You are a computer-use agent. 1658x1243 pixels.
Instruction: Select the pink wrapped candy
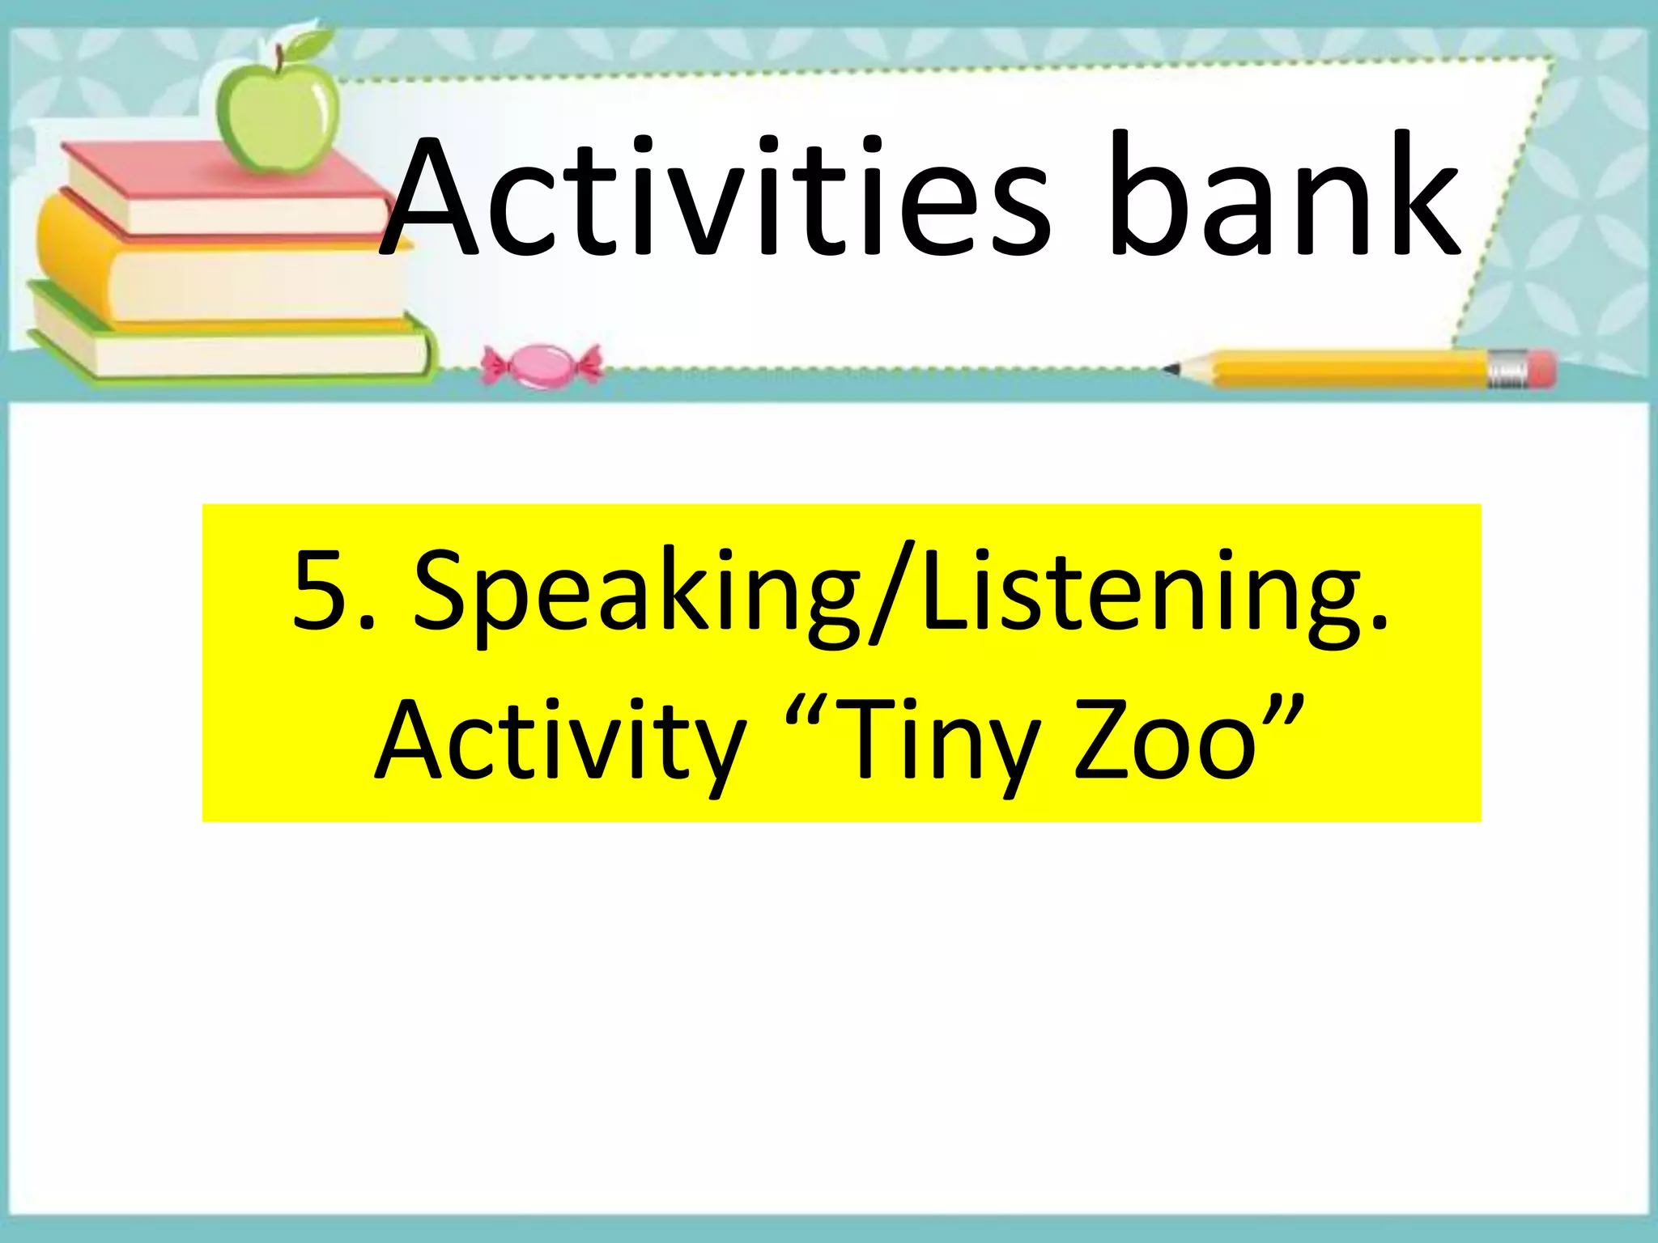click(542, 366)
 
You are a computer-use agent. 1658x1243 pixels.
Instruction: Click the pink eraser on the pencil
click(1542, 368)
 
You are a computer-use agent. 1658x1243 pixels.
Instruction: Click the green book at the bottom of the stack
click(227, 344)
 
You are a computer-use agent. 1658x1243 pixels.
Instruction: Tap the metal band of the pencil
click(1507, 369)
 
